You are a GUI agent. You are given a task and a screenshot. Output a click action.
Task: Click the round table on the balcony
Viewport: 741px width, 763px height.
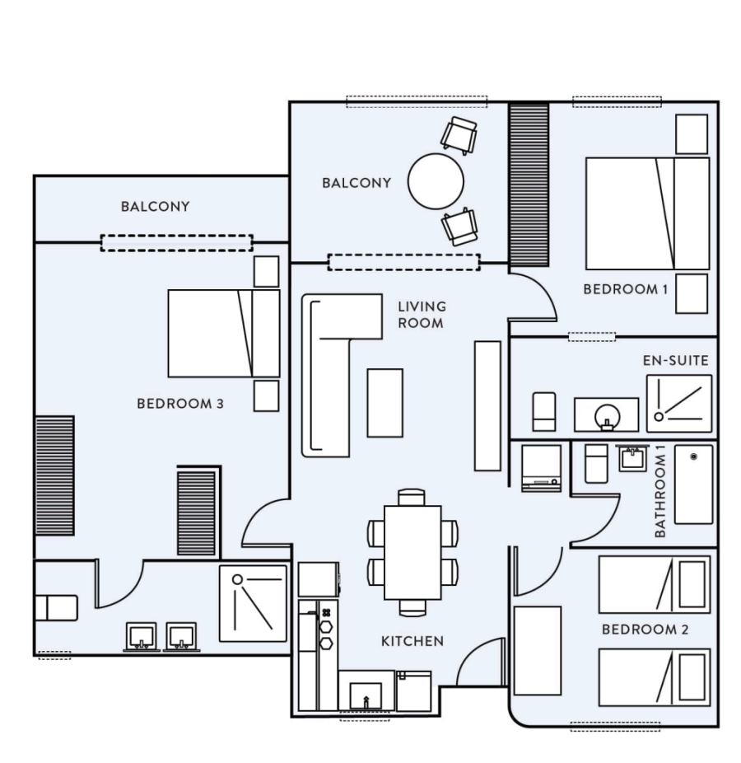click(436, 181)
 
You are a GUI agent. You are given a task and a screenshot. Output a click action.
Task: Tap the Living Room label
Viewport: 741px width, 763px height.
click(422, 315)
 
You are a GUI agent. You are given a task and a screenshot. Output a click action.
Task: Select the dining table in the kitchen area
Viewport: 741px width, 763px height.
click(412, 553)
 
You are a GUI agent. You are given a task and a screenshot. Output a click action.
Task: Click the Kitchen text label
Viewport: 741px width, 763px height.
click(412, 641)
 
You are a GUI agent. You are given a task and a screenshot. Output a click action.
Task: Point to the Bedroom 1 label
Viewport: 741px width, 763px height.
click(625, 289)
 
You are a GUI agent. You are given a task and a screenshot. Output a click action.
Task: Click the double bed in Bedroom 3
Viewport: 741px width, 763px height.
click(224, 334)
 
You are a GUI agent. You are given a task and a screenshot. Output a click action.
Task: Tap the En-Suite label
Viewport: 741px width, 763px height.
click(675, 361)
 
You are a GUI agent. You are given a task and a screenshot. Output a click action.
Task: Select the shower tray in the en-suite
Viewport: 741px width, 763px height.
click(678, 404)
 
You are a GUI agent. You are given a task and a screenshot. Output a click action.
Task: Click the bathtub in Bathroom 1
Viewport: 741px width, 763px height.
click(693, 484)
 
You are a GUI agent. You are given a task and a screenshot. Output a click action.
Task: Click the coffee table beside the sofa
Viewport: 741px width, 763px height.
click(384, 403)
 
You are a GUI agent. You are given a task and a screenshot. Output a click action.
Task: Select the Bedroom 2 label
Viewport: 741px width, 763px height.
click(645, 630)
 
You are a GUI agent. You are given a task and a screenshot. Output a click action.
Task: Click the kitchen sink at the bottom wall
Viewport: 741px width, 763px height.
click(366, 696)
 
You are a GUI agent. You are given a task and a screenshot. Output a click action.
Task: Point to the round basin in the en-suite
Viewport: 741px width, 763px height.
click(607, 417)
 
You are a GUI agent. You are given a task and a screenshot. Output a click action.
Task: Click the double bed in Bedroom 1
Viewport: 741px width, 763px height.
click(647, 213)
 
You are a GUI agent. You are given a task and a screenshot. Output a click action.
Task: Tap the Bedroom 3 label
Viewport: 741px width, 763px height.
click(180, 404)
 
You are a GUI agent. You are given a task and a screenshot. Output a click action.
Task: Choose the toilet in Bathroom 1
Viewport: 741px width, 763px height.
click(596, 463)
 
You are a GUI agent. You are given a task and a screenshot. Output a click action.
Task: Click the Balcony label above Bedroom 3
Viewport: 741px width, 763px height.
click(155, 206)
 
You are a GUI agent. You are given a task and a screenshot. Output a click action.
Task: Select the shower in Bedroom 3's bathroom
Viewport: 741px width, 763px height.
click(253, 603)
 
